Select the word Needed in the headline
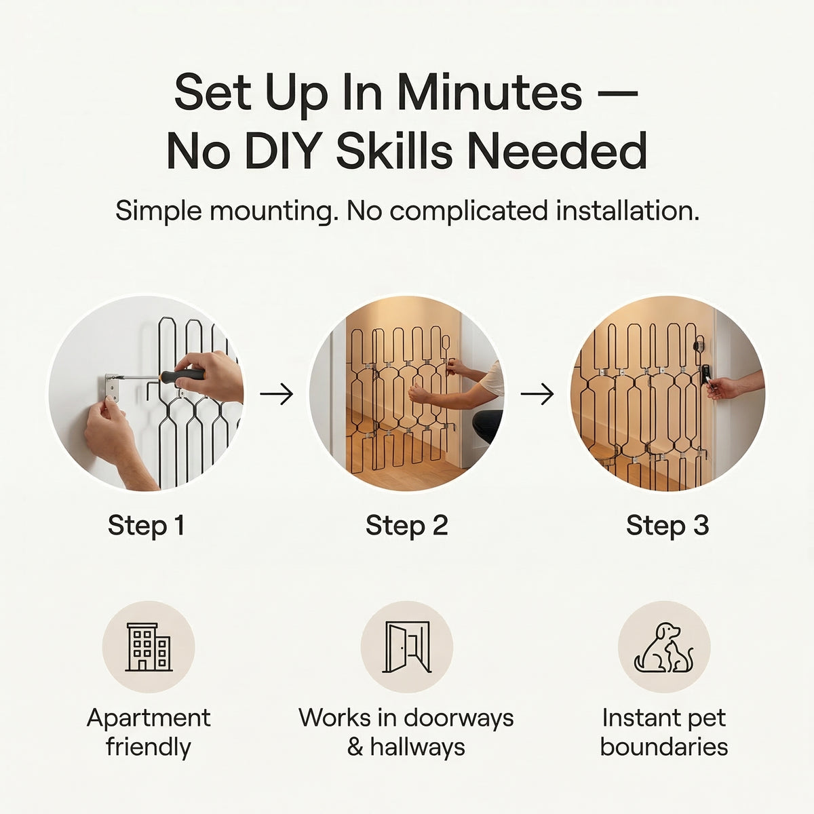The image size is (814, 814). click(557, 151)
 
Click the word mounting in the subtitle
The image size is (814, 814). click(271, 211)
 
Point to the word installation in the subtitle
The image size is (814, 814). click(627, 210)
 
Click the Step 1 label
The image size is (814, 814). click(146, 526)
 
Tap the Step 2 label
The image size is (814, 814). click(407, 526)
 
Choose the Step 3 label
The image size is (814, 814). click(667, 526)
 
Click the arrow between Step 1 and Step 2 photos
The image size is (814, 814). click(277, 394)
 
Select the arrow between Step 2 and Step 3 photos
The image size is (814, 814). click(537, 394)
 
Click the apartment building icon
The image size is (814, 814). click(149, 647)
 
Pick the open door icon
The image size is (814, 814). click(407, 646)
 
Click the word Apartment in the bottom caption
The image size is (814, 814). click(149, 718)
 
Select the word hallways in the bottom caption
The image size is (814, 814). click(418, 747)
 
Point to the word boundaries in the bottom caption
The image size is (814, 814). click(664, 747)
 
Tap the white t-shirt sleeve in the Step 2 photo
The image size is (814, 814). click(493, 378)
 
